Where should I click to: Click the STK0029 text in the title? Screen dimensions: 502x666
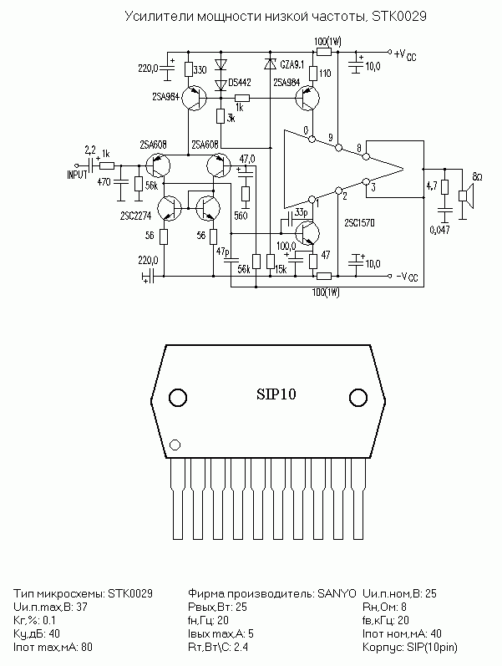coord(398,17)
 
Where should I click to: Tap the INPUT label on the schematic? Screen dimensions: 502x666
coord(78,175)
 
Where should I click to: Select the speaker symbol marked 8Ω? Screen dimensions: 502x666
coord(466,196)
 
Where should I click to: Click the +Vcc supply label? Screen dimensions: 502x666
coord(405,55)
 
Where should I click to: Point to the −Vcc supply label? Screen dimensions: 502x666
coord(407,277)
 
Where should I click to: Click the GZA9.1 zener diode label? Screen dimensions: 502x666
coord(292,64)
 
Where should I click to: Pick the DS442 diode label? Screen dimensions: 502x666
coord(240,83)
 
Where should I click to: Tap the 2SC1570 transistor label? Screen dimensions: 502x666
coord(360,223)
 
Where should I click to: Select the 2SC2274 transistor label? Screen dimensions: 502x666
coord(136,216)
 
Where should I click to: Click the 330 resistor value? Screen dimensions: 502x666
coord(200,69)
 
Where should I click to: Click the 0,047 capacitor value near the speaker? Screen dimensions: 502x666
coord(439,230)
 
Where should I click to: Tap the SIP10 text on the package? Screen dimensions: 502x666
coord(276,394)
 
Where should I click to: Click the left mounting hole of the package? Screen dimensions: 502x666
coord(178,398)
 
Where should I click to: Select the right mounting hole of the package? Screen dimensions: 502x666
coord(358,398)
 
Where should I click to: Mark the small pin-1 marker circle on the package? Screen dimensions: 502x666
coord(175,445)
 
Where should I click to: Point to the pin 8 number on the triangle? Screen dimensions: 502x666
coord(359,148)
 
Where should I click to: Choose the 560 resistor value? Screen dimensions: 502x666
coord(241,216)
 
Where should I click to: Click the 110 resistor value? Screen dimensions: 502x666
coord(324,73)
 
